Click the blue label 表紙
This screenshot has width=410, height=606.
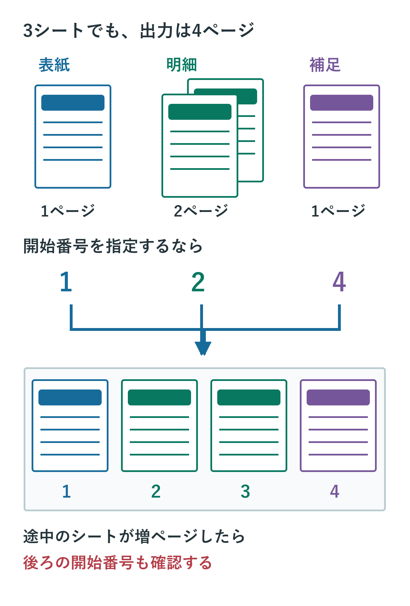(54, 65)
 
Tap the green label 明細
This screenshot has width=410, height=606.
(182, 65)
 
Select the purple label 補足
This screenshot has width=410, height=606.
(325, 65)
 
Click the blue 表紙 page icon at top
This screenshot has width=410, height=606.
(73, 137)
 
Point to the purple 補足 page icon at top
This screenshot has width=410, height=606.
(342, 137)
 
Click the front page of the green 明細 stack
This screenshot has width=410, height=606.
(200, 146)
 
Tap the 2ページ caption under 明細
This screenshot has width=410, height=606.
(201, 211)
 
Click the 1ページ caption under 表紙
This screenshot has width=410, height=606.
(67, 211)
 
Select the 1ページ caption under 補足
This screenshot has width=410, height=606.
(338, 211)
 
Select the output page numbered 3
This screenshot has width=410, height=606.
(249, 426)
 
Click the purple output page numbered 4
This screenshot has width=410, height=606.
(338, 426)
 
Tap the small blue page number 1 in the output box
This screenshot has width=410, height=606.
(66, 491)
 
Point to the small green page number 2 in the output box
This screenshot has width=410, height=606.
(156, 491)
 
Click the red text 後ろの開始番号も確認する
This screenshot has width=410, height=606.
(117, 562)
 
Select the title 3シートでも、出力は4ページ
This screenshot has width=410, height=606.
(139, 30)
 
